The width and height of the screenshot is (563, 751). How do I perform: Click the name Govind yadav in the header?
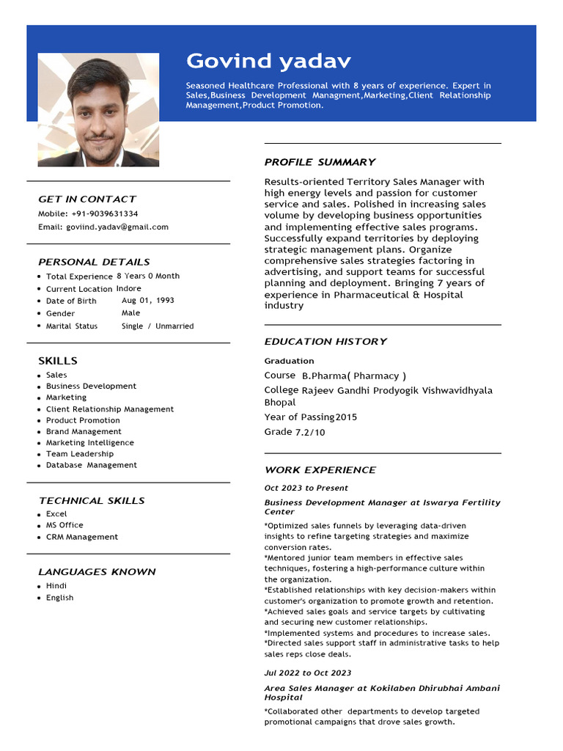tap(268, 61)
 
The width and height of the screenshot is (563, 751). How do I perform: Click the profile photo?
tap(98, 110)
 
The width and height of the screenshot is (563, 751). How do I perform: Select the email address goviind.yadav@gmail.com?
tap(117, 227)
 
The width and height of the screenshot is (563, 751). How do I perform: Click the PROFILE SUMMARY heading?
tap(320, 162)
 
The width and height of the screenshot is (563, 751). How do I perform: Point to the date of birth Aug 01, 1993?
tap(147, 301)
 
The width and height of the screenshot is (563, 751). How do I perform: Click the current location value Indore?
tap(129, 288)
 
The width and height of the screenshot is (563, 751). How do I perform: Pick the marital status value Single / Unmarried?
tap(158, 326)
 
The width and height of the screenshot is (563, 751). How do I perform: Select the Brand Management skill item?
tap(84, 431)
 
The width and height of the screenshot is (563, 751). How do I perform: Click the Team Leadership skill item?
tap(80, 454)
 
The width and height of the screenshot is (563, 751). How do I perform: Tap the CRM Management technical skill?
tap(81, 537)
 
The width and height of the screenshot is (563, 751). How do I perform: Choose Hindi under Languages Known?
tap(56, 586)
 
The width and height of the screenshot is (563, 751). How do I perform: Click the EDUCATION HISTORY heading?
tap(325, 342)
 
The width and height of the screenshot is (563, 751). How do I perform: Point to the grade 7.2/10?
tap(310, 433)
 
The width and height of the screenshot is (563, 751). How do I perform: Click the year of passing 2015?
tap(346, 417)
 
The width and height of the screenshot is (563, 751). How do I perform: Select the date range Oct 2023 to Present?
tap(306, 488)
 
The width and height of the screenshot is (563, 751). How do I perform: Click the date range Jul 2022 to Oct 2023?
tap(308, 673)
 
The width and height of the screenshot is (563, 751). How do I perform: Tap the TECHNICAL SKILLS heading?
tap(92, 501)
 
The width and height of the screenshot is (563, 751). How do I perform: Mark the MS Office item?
tap(65, 525)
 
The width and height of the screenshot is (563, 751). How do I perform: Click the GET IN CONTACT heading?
tap(87, 199)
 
